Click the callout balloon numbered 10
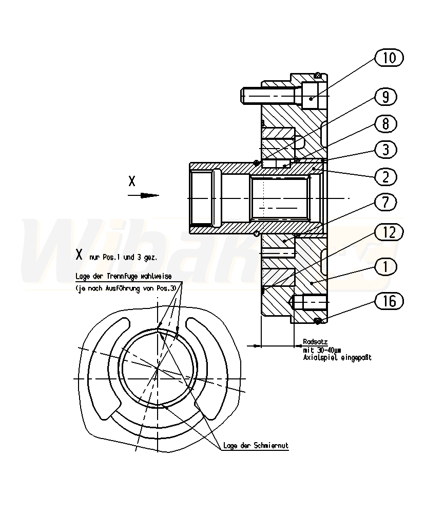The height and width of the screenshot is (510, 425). pos(390,58)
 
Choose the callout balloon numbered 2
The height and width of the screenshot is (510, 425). pos(385,176)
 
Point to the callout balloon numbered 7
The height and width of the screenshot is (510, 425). pos(385,203)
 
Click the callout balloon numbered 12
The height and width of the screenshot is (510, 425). pos(390,233)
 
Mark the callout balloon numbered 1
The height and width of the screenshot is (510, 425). pos(385,266)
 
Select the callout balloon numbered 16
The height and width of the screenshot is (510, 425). pos(390,301)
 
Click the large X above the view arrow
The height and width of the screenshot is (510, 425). pos(132,181)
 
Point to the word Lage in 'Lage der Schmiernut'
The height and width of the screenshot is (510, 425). pos(229,446)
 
